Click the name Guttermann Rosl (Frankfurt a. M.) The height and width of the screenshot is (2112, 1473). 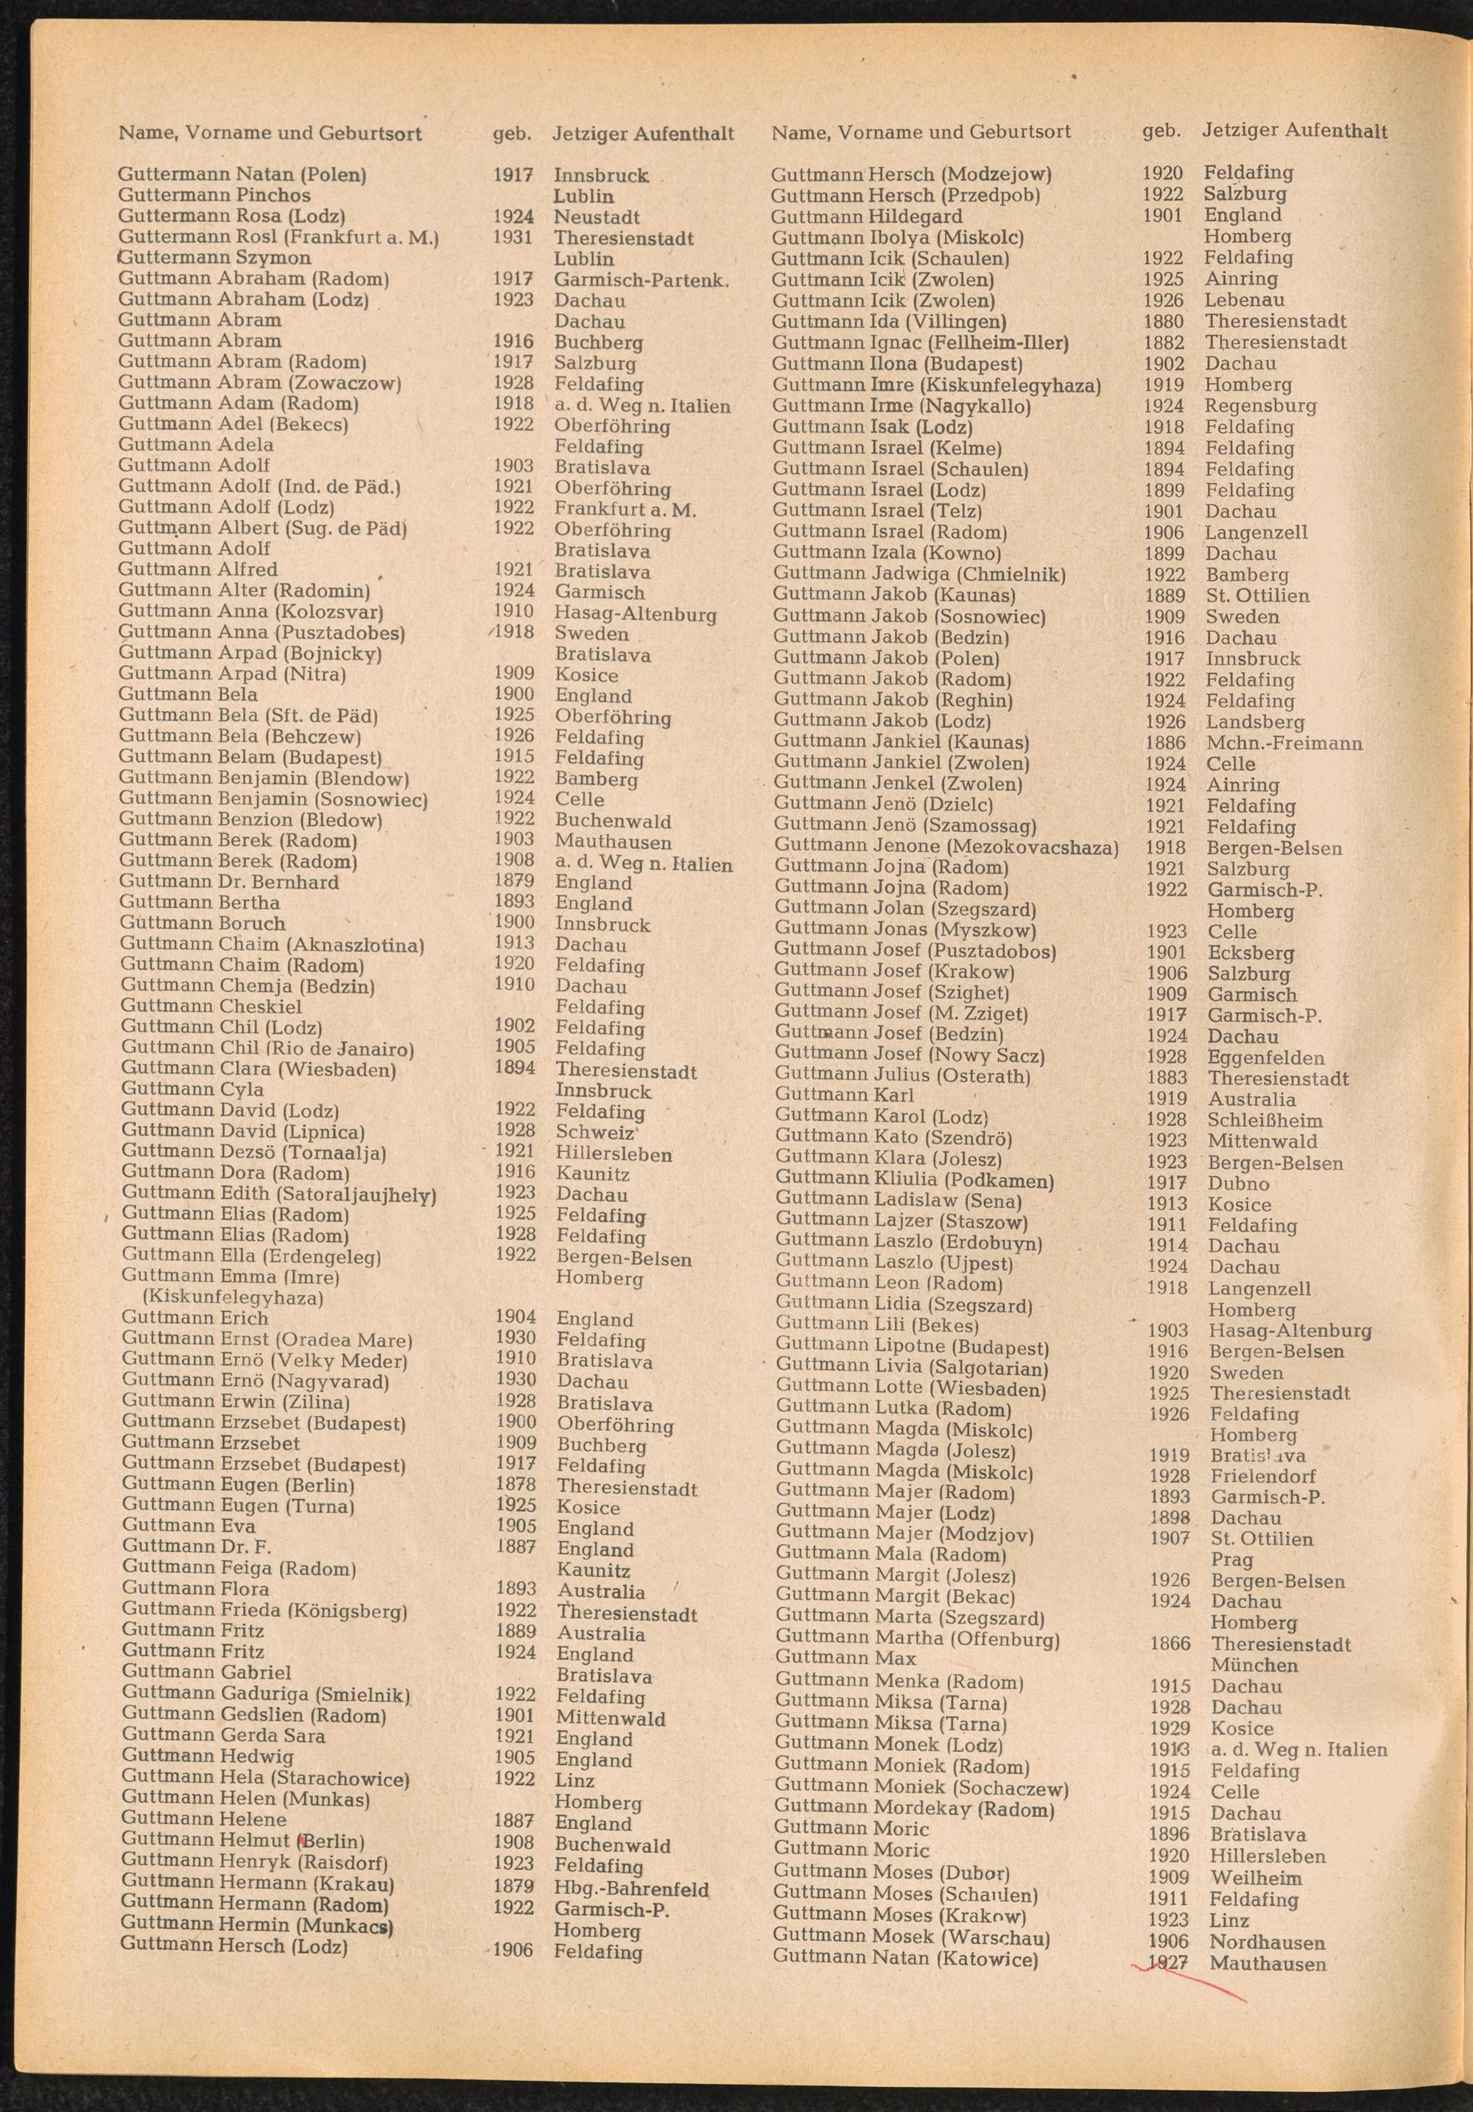click(278, 238)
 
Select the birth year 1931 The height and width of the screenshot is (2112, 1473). click(513, 237)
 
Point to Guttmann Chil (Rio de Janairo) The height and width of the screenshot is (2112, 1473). click(267, 1049)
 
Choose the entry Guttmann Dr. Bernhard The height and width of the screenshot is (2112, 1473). click(229, 882)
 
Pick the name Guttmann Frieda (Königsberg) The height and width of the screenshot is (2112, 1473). click(264, 1611)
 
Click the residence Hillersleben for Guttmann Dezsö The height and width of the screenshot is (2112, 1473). click(614, 1155)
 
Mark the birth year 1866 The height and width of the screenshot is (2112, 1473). click(1169, 1644)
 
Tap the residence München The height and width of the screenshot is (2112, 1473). click(1254, 1665)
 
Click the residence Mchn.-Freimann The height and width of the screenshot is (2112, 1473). click(1284, 744)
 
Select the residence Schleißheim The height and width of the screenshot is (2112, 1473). click(1265, 1120)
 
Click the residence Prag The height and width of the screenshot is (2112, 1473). click(1232, 1560)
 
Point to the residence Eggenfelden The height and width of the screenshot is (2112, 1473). click(1266, 1057)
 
